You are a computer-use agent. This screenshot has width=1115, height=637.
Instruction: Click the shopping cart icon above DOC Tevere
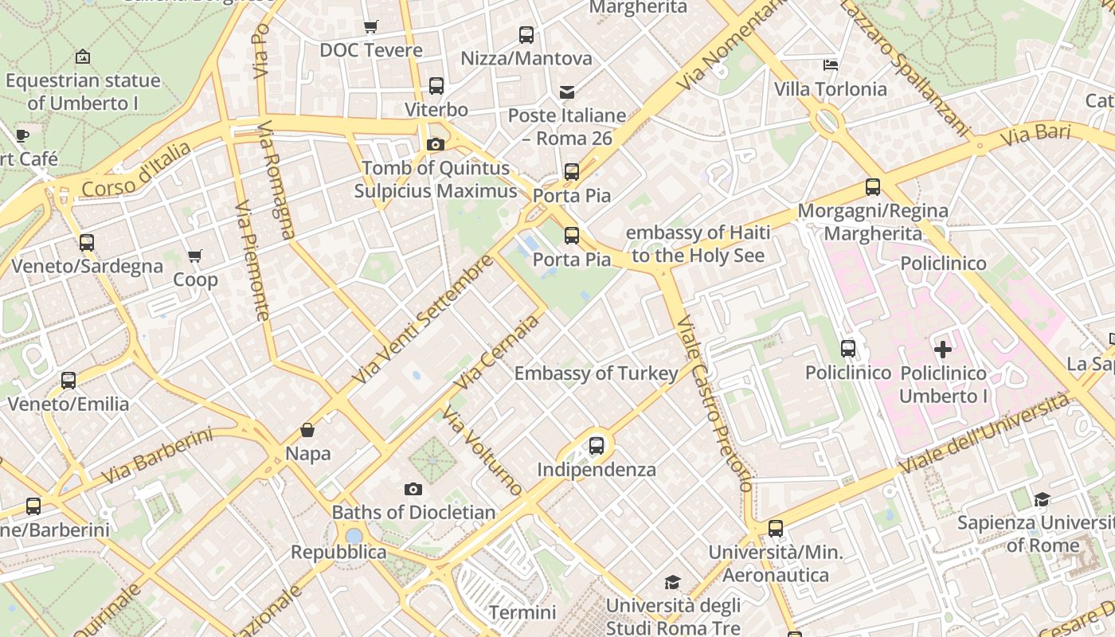point(370,27)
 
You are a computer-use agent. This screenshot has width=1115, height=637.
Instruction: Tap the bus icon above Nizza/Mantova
point(526,35)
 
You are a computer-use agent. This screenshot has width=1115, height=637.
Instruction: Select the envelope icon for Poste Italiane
point(567,92)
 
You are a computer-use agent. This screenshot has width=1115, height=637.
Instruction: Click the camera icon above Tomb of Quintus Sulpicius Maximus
point(435,144)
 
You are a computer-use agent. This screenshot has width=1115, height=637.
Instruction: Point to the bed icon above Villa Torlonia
point(831,65)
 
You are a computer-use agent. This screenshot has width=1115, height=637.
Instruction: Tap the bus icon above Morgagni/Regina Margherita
point(873,187)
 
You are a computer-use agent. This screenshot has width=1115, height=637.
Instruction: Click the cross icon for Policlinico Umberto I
point(943,349)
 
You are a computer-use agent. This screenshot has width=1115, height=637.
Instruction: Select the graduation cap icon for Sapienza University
point(1042,500)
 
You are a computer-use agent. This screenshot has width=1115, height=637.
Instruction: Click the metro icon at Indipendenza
point(597,446)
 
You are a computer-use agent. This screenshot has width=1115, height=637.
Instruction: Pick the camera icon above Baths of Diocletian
point(413,489)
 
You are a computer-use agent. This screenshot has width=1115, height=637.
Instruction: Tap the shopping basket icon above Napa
point(307,431)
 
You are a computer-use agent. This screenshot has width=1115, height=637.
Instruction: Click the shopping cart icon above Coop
point(195,256)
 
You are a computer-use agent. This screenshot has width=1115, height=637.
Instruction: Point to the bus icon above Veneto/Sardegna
point(87,243)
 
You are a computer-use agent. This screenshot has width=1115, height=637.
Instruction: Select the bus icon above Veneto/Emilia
point(68,381)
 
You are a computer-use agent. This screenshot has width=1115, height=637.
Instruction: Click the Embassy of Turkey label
point(596,373)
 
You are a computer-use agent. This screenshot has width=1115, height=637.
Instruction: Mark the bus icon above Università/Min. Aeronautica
point(776,529)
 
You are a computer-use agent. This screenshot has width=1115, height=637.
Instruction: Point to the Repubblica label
point(338,552)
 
